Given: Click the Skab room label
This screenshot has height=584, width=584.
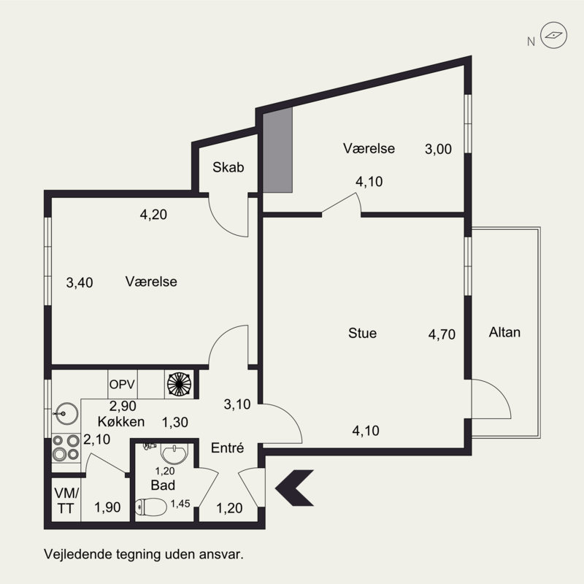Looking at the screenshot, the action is tap(228, 167).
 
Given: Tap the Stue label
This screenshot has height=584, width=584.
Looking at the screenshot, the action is tap(362, 333).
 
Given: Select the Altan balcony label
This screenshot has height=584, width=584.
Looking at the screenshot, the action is tap(504, 332).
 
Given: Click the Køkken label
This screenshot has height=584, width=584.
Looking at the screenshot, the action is tap(121, 422).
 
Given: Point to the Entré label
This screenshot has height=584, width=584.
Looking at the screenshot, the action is tap(227, 447).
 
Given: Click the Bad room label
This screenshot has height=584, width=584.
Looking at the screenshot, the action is tap(163, 485).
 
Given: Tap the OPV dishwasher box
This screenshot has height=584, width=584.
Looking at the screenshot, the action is tap(122, 384).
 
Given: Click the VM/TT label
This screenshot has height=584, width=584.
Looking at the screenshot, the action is tap(66, 501).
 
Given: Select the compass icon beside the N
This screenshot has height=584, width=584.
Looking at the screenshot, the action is tap(553, 35).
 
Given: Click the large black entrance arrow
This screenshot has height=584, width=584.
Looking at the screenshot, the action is tap(294, 488).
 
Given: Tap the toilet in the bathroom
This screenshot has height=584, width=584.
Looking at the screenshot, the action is tap(151, 507).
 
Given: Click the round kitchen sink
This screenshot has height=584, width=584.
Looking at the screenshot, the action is tap(66, 413).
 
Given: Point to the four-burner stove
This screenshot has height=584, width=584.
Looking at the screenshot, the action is tap(66, 447).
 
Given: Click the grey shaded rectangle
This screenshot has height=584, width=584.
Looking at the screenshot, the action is tap(277, 150).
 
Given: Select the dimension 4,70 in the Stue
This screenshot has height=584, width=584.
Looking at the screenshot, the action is tap(442, 334).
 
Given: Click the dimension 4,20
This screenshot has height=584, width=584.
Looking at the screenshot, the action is tap(153, 215).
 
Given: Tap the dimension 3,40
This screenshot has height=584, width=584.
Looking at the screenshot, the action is tap(80, 283).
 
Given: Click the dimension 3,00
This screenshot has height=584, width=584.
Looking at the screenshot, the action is tap(439, 149).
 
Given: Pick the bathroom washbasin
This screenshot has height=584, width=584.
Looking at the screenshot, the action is tap(174, 453).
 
